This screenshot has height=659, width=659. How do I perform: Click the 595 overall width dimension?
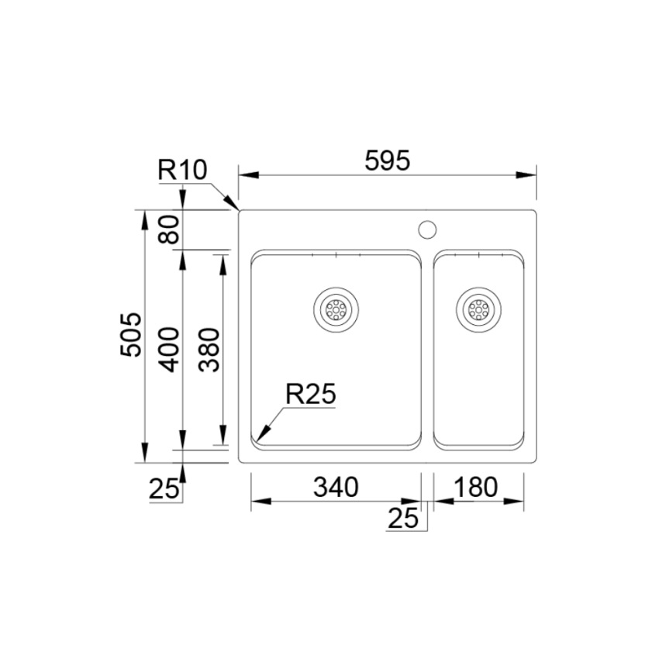coord(387,160)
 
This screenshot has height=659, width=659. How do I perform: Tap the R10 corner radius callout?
coord(182,171)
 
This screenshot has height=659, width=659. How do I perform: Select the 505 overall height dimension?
coord(131,335)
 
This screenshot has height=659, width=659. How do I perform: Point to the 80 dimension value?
coord(169,229)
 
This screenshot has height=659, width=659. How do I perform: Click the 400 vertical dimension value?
coord(169,350)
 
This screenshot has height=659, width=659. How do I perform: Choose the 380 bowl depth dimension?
coord(209,350)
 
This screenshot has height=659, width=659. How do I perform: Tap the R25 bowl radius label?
coord(311,394)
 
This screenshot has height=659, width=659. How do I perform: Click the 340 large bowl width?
coord(336,487)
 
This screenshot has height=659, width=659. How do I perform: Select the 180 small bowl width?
coord(475,487)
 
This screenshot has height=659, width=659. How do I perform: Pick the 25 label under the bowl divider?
coord(403,518)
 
